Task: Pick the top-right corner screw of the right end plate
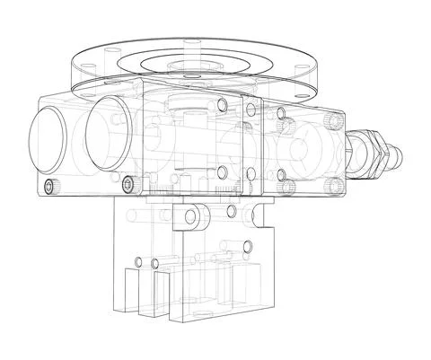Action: tap(334, 119)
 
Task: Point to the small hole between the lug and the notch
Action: tap(233, 211)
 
